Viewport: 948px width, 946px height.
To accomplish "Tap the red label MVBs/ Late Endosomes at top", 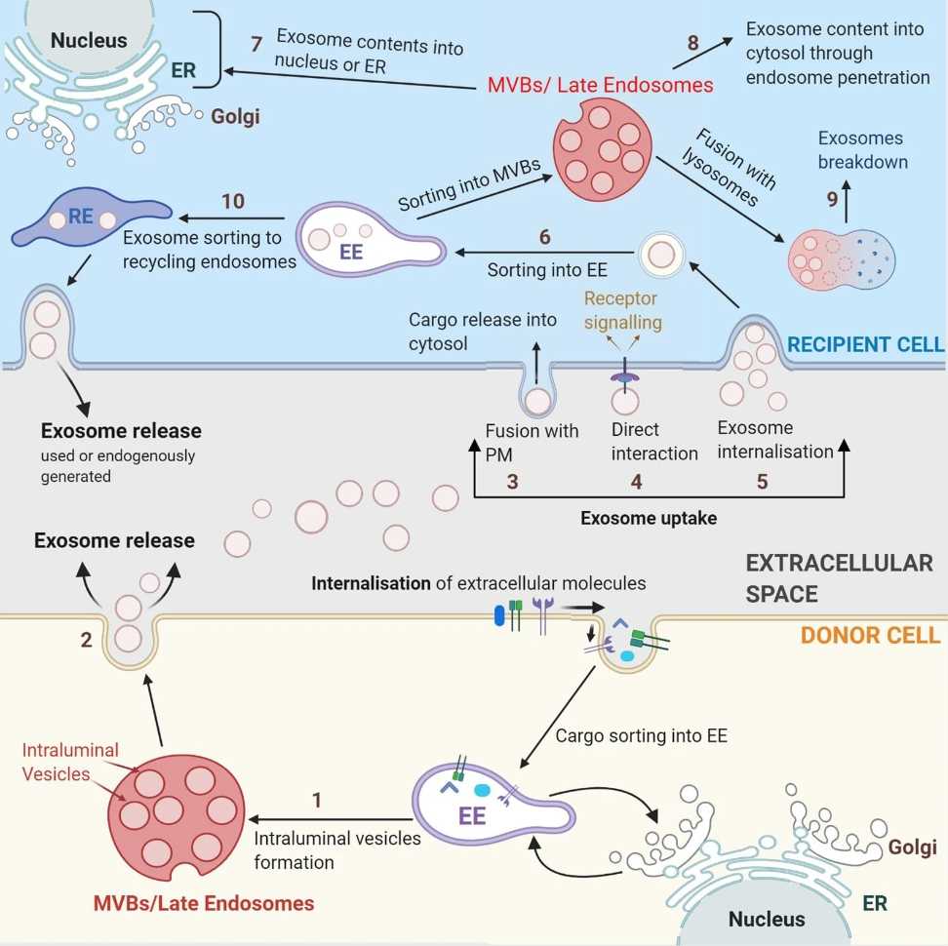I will [600, 86].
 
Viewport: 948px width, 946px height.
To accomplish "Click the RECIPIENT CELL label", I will [865, 343].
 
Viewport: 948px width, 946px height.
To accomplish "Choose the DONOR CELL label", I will [870, 635].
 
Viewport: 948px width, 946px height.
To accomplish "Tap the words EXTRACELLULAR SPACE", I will [839, 577].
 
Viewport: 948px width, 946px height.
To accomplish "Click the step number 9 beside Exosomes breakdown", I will [833, 199].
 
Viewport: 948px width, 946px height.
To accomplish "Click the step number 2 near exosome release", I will [86, 640].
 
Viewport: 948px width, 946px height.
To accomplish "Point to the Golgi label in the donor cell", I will [912, 847].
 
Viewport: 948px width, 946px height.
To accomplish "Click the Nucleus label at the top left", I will [89, 40].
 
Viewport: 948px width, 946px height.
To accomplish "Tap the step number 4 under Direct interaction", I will [636, 481].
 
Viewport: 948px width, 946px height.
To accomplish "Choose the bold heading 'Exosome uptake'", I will [649, 518].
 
